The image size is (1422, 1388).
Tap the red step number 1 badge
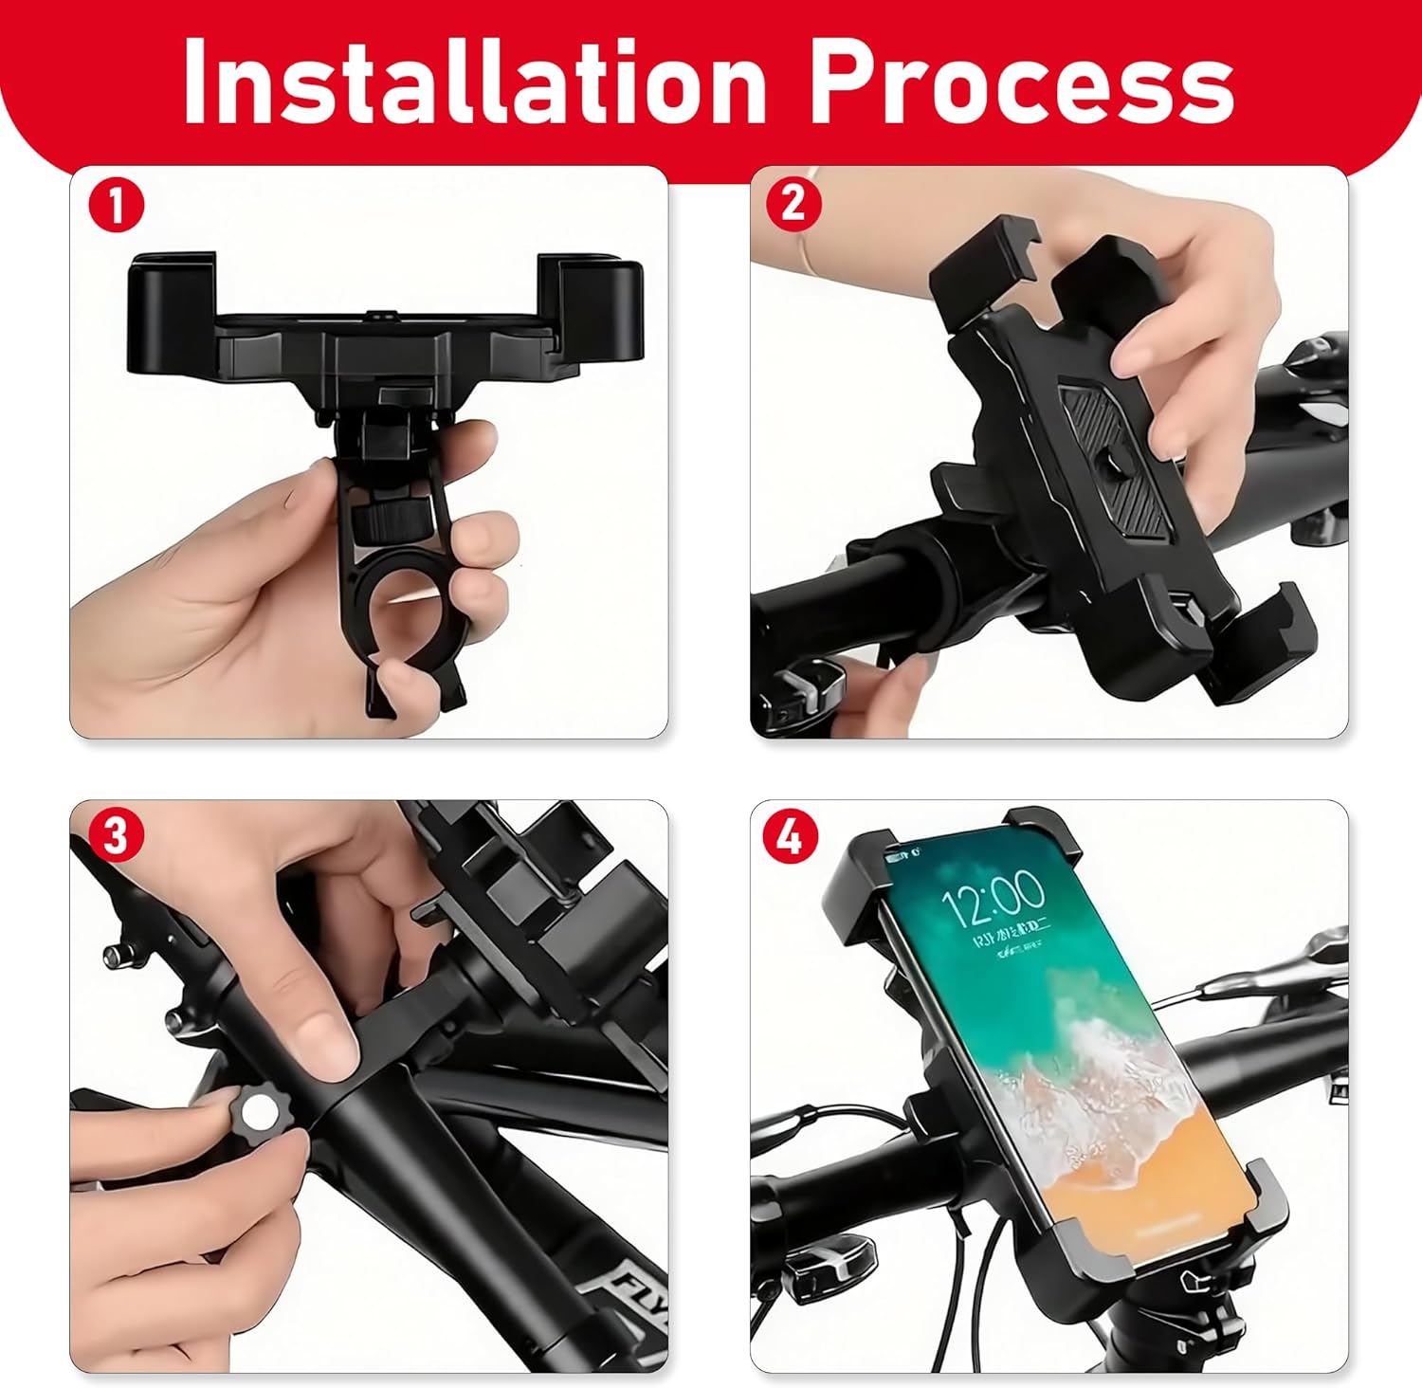pyautogui.click(x=116, y=206)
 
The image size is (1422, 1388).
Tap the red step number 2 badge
pyautogui.click(x=794, y=203)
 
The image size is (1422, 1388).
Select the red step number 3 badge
pyautogui.click(x=116, y=837)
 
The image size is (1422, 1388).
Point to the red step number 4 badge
pyautogui.click(x=791, y=837)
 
